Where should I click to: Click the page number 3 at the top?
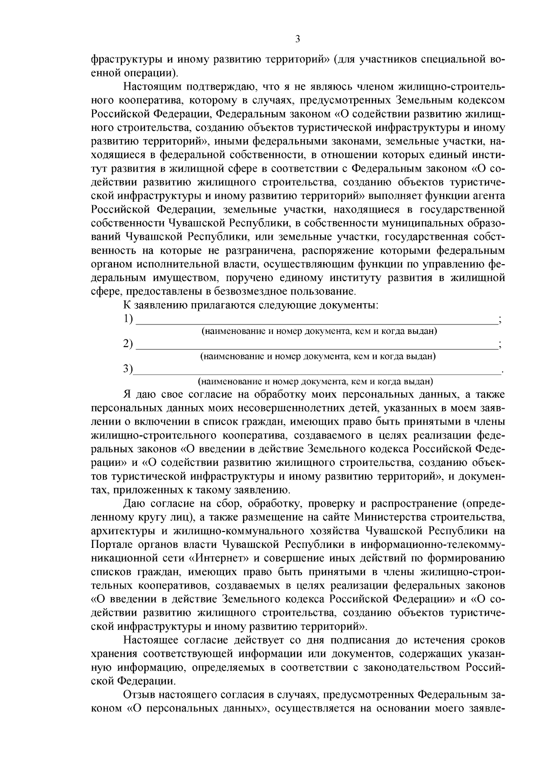click(297, 39)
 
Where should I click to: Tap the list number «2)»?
click(128, 344)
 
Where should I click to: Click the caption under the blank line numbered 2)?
click(318, 356)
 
